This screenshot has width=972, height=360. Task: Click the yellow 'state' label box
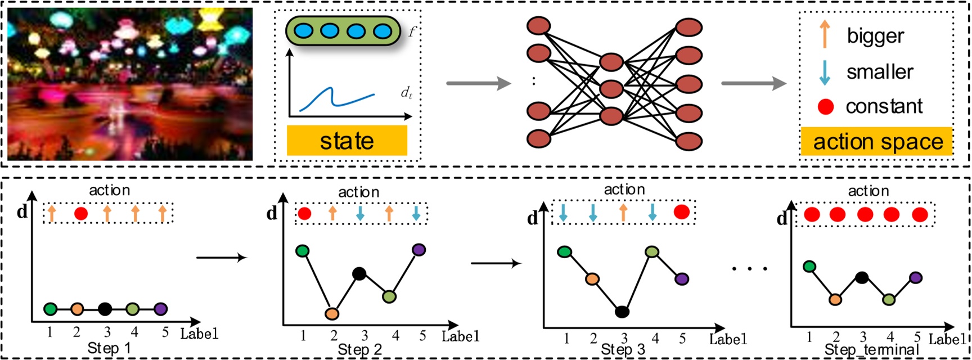click(x=346, y=141)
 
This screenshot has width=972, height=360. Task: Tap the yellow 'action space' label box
click(x=877, y=142)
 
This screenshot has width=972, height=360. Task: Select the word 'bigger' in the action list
click(x=875, y=36)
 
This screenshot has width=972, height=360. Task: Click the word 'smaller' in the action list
click(x=880, y=72)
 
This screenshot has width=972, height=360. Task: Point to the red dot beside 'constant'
click(x=825, y=106)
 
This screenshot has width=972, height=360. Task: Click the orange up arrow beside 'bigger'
click(x=825, y=34)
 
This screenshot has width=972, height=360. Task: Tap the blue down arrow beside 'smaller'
click(x=825, y=72)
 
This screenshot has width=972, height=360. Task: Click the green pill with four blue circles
click(x=343, y=31)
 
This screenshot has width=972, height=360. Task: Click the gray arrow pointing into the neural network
click(x=478, y=84)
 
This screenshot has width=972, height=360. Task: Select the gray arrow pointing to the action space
click(x=753, y=84)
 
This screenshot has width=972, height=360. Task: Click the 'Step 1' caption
click(x=109, y=348)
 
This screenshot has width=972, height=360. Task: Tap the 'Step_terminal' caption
click(x=871, y=350)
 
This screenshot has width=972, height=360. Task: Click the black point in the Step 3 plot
click(x=622, y=312)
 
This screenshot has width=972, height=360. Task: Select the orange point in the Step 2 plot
click(x=332, y=313)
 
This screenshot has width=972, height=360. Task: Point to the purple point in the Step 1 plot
click(x=160, y=309)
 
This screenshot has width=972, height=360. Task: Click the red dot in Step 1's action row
click(x=81, y=213)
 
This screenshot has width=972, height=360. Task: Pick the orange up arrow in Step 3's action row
click(x=623, y=212)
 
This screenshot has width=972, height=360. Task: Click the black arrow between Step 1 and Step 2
click(x=222, y=258)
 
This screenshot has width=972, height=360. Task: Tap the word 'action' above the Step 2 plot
click(x=359, y=192)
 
